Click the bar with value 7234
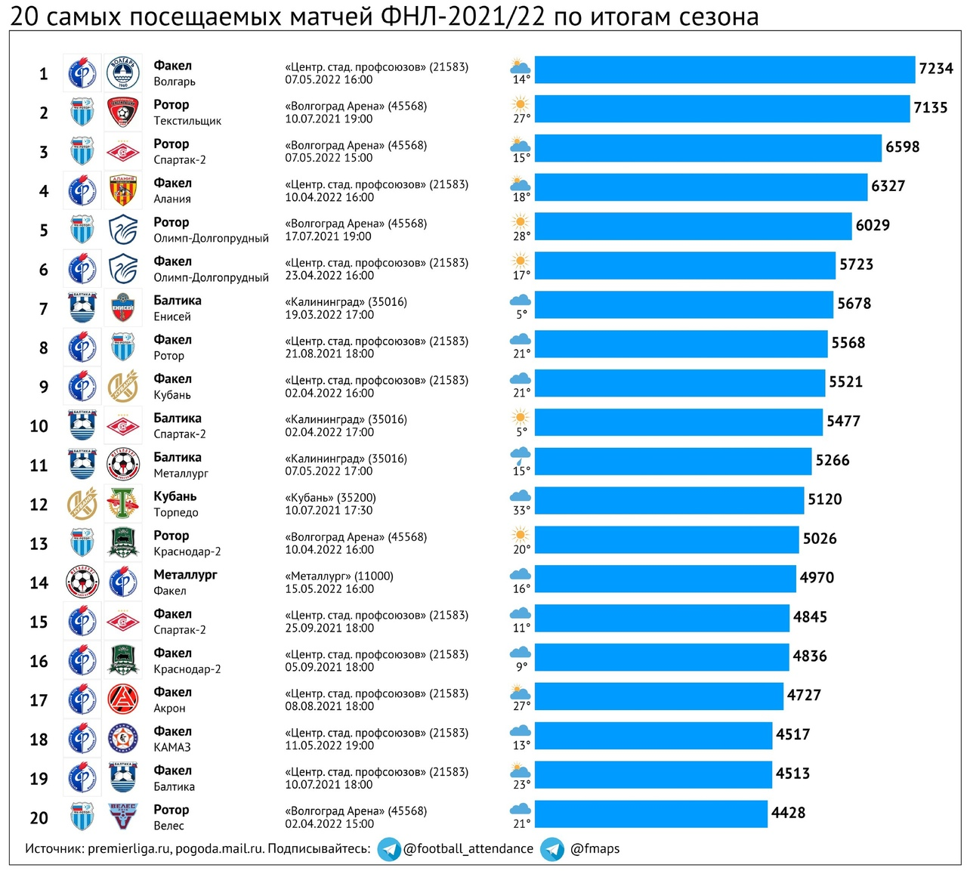point(724,69)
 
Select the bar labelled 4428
point(650,814)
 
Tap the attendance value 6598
point(902,147)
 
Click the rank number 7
point(43,309)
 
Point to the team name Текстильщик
point(187,121)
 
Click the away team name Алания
point(172,199)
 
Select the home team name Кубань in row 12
point(175,496)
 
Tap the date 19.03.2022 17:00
point(329,314)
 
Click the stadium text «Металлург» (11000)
point(339,576)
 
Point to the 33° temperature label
point(521,511)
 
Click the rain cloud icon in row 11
point(521,455)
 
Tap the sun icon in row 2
point(521,103)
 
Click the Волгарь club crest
point(122,73)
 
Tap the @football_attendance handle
point(468,848)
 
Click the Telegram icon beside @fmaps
point(552,849)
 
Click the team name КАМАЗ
point(172,747)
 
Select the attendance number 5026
point(820,539)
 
